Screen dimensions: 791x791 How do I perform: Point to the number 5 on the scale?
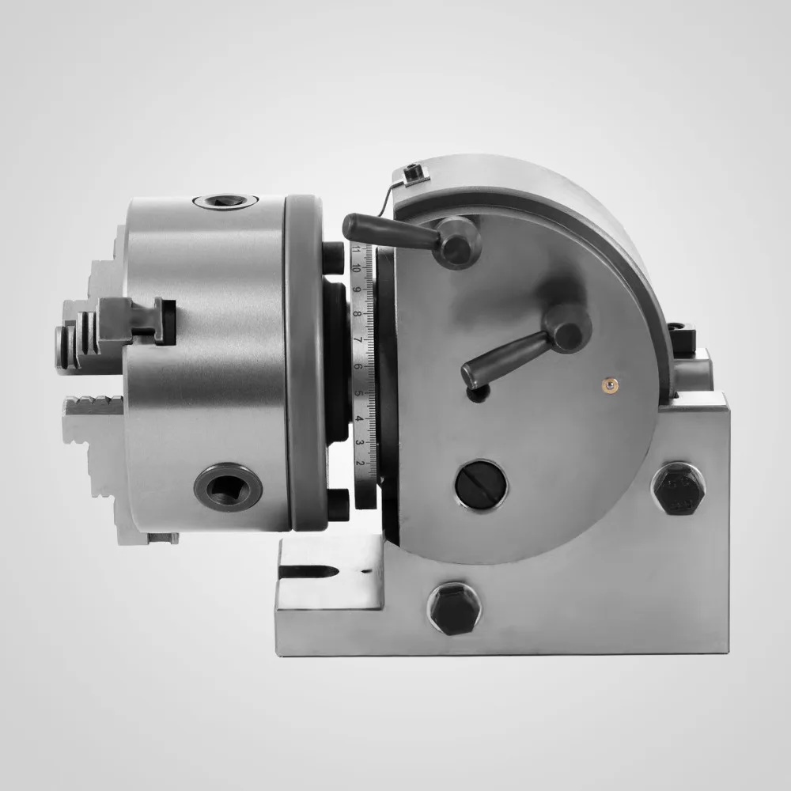359,393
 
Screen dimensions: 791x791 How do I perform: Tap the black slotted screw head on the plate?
482,482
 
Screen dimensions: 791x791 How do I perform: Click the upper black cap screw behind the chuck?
332,259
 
